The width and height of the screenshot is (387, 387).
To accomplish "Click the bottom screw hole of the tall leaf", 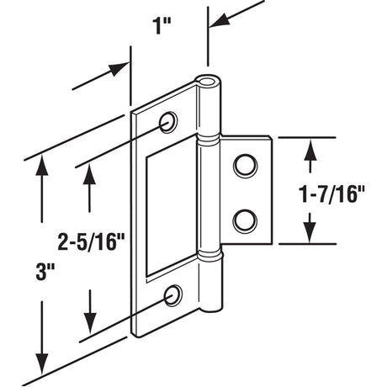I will click(174, 294).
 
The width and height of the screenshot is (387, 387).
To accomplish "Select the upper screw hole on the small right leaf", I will click(246, 165).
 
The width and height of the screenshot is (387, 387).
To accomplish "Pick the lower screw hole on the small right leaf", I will click(246, 220).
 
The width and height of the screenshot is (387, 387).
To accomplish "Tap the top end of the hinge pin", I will click(209, 82).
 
